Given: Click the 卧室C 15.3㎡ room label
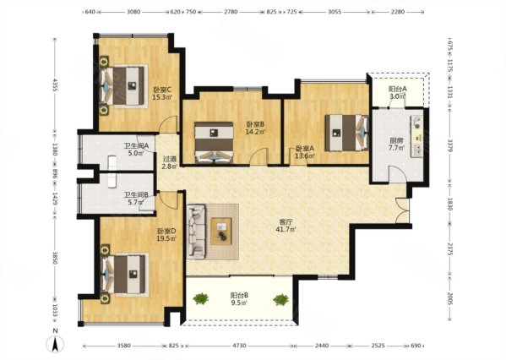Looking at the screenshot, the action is coord(162,93).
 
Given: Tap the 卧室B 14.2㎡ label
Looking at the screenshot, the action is coord(256,128).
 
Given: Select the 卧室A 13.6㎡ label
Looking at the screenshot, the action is coord(305,152).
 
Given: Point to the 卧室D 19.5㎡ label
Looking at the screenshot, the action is coord(166,235).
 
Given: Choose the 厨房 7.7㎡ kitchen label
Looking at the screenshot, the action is coord(396,144).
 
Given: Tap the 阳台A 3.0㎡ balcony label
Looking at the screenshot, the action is coord(397,92).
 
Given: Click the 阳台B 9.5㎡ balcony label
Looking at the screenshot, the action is coord(239,298).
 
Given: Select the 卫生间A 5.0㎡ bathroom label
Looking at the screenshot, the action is coord(136,150).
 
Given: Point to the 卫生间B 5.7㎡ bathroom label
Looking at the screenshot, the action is coord(136,199).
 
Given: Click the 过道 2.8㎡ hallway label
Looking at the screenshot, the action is coord(170,163).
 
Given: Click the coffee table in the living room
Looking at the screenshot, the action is coord(221,232).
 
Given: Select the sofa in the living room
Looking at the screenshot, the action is coord(196,232).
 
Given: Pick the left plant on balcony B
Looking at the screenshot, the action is coord(201,298).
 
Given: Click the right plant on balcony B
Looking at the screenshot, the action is coord(280,300).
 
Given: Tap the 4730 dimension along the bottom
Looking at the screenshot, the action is coord(239,346).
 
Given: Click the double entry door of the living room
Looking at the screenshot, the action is coord(402,210).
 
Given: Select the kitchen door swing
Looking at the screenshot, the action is coord(397,174).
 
